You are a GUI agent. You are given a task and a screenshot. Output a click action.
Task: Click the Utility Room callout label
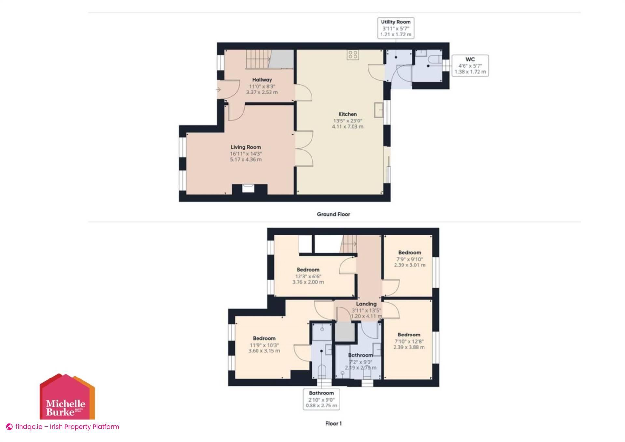point(396,28)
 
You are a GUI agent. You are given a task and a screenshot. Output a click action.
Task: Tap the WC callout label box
point(470,65)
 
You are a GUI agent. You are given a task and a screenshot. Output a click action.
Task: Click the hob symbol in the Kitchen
point(353,55)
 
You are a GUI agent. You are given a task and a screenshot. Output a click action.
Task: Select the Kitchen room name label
point(347,114)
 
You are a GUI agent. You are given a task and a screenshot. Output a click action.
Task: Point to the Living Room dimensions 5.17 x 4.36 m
point(246,159)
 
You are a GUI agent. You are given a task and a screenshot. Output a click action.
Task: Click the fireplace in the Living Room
point(248,189)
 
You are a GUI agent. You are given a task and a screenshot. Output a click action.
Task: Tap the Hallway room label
point(262,80)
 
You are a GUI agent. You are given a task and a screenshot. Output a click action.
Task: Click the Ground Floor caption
point(333,214)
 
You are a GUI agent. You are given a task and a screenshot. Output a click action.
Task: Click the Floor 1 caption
point(333,423)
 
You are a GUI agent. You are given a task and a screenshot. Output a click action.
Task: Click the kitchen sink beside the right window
point(379,109)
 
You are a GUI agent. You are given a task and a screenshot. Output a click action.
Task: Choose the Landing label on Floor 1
point(366,304)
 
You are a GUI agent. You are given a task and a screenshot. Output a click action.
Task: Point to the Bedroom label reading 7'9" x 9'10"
point(410,259)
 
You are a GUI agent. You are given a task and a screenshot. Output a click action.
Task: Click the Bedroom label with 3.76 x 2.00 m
point(308,276)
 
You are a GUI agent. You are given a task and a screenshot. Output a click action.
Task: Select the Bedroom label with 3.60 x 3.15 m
point(264,345)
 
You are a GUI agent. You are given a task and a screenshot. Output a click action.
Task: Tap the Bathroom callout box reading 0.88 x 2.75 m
point(321,399)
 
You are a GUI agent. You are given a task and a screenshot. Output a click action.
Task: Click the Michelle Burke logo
point(67,397)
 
